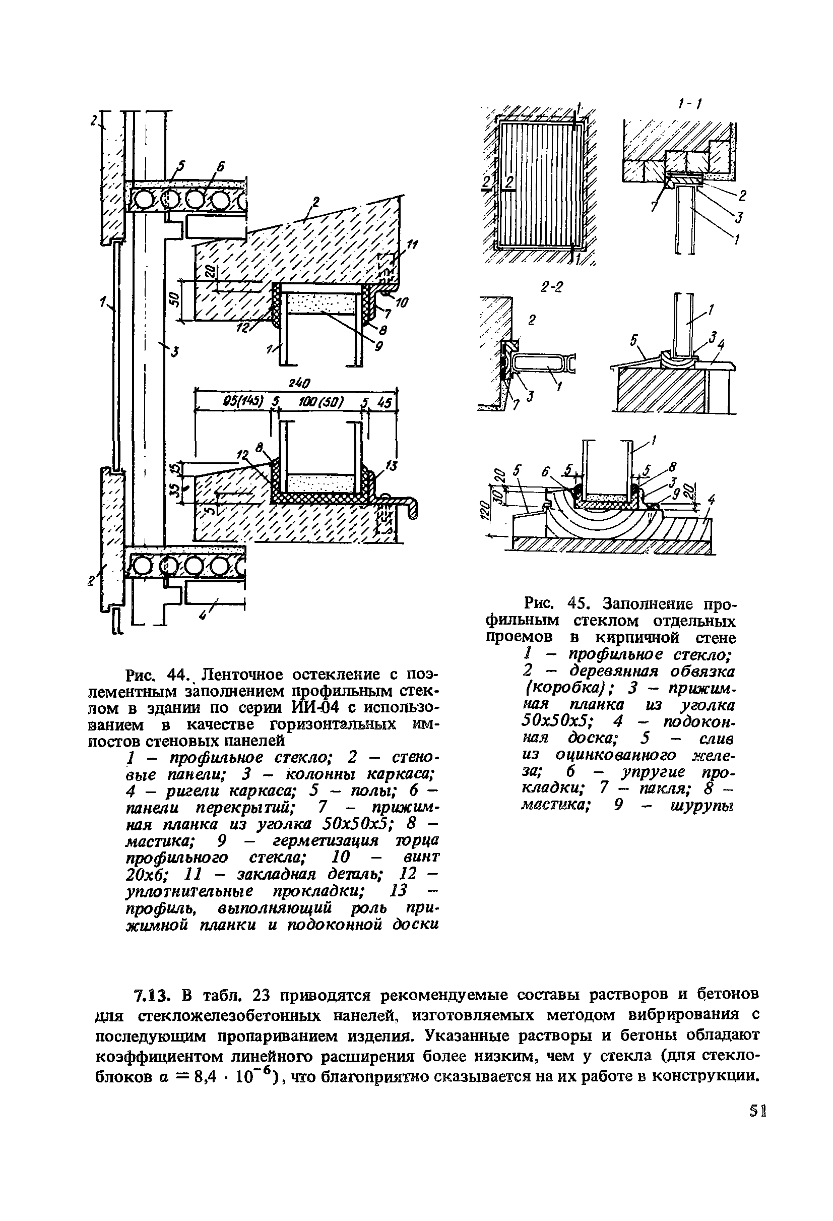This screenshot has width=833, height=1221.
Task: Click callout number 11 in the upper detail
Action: click(x=412, y=246)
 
